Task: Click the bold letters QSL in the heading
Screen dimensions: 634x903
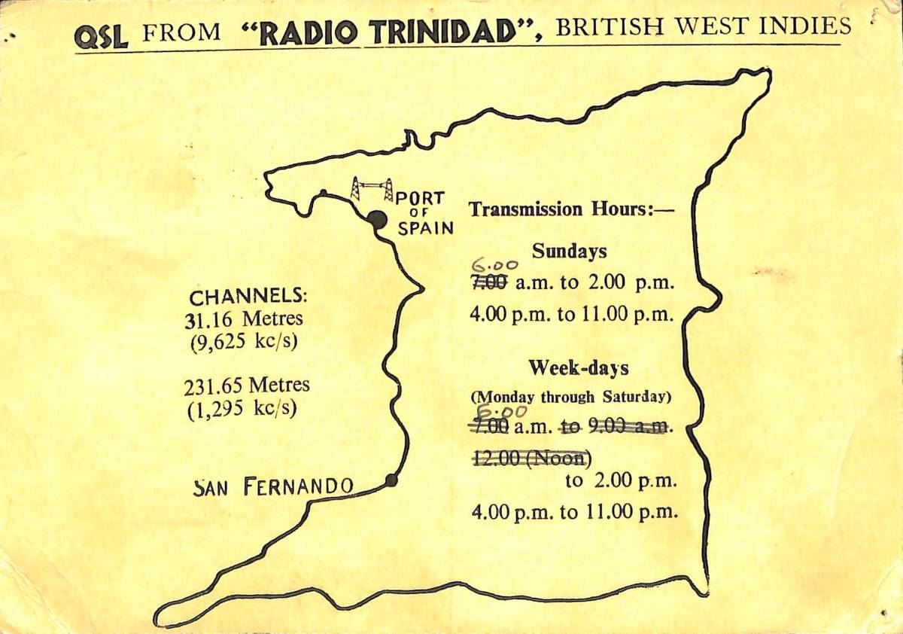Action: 102,35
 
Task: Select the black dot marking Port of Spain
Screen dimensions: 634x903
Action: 377,219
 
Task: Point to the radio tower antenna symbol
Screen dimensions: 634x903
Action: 372,189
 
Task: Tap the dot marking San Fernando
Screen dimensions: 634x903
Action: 391,480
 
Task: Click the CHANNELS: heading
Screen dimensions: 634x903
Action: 248,296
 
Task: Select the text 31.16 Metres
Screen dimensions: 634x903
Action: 244,319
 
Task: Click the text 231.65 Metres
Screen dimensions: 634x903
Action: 246,386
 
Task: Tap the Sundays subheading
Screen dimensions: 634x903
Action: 569,251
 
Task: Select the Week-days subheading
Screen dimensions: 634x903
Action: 578,368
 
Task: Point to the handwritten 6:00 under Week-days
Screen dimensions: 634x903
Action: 499,412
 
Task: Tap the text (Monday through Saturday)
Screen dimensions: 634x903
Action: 571,396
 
